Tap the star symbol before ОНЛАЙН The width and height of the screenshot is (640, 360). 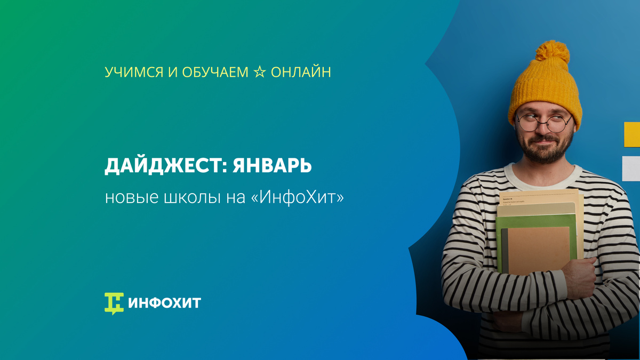pos(259,72)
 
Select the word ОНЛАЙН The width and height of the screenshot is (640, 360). pos(301,72)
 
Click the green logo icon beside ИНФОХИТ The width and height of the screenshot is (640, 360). pos(114,303)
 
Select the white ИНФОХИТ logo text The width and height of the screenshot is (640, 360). pos(164,303)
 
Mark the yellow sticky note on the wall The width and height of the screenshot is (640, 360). pos(631,134)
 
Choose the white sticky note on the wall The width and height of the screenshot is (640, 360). pos(631,168)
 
